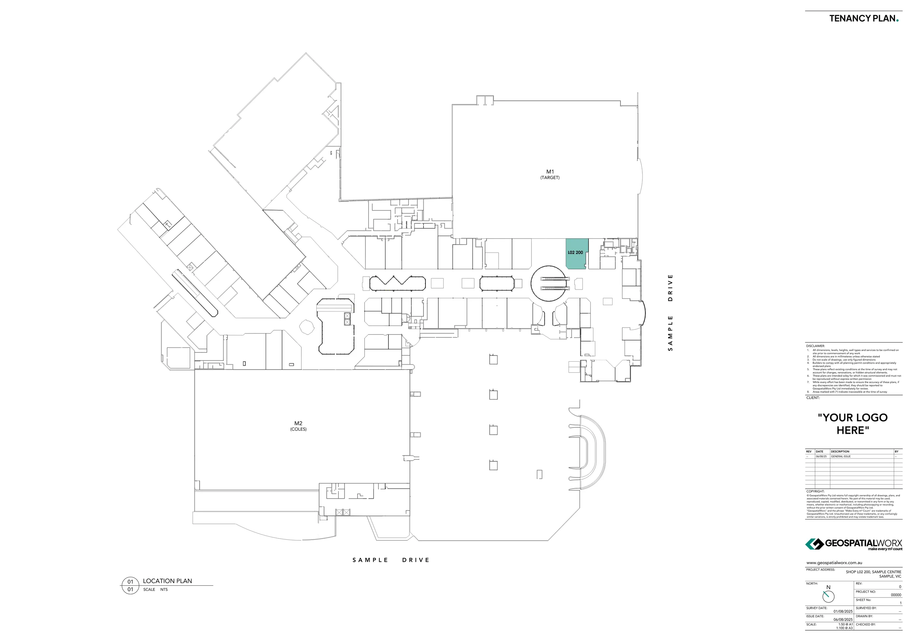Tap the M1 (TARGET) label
[550, 174]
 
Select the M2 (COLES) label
[298, 426]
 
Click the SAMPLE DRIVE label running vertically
[670, 312]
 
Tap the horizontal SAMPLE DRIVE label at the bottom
[391, 560]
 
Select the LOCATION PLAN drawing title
[167, 581]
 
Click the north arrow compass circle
[828, 596]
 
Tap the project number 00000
[896, 595]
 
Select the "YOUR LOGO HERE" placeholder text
[852, 424]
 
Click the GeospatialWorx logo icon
[814, 544]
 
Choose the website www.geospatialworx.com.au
[834, 563]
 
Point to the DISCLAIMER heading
[815, 346]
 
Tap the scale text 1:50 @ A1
[844, 624]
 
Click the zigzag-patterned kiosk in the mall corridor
[397, 283]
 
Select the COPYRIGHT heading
[815, 491]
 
